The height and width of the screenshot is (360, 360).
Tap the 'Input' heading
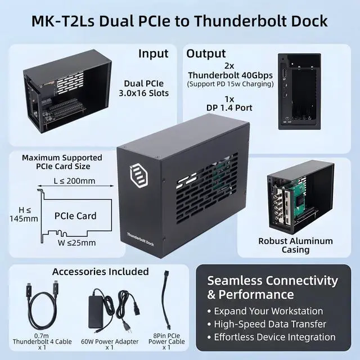pyautogui.click(x=153, y=54)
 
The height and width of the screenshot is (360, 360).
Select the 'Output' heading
pyautogui.click(x=206, y=54)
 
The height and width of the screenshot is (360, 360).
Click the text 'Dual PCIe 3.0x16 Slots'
pyautogui.click(x=146, y=88)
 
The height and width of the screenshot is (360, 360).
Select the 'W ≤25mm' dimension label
pyautogui.click(x=73, y=243)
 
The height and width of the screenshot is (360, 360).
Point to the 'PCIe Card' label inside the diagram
pyautogui.click(x=75, y=215)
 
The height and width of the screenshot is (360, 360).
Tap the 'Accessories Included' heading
pyautogui.click(x=101, y=272)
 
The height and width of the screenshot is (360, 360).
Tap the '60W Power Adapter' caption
pyautogui.click(x=110, y=341)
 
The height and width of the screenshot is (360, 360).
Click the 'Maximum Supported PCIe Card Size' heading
pyautogui.click(x=62, y=162)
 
